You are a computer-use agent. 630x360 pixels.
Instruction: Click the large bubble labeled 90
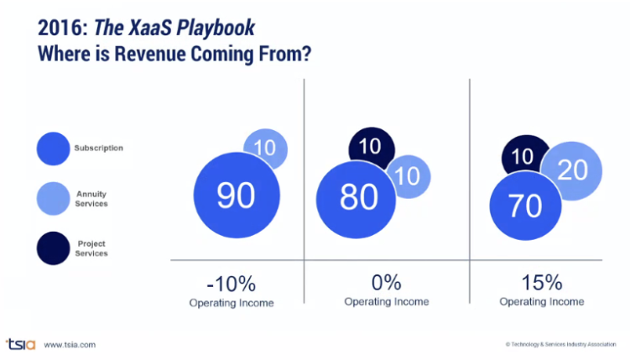(236, 196)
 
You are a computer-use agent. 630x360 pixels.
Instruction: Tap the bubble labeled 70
(524, 205)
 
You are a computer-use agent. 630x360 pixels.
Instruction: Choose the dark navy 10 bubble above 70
(523, 157)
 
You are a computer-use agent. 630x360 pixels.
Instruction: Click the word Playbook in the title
(212, 28)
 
